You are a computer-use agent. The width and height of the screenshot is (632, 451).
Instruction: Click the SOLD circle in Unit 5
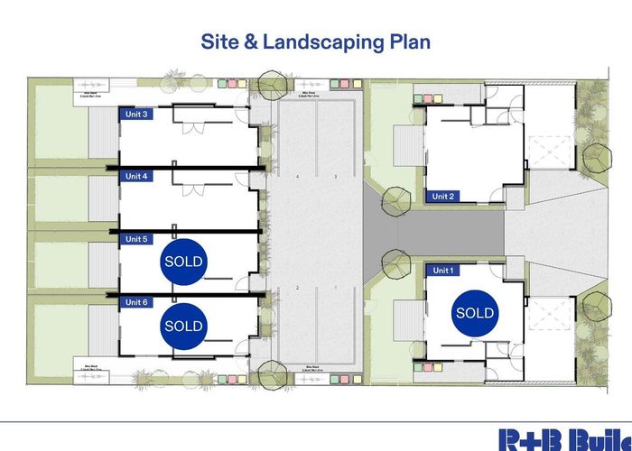pos(184,262)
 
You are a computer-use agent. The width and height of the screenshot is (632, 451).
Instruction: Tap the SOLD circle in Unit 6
pos(184,325)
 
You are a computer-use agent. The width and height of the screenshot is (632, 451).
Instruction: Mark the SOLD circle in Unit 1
pos(475,313)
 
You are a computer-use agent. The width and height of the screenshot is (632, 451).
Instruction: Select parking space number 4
pos(296,177)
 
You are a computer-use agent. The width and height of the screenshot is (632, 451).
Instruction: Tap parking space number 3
pos(335,177)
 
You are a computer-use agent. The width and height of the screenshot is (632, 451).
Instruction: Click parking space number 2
pos(296,288)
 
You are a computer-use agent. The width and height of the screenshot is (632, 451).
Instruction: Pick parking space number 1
pos(335,288)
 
